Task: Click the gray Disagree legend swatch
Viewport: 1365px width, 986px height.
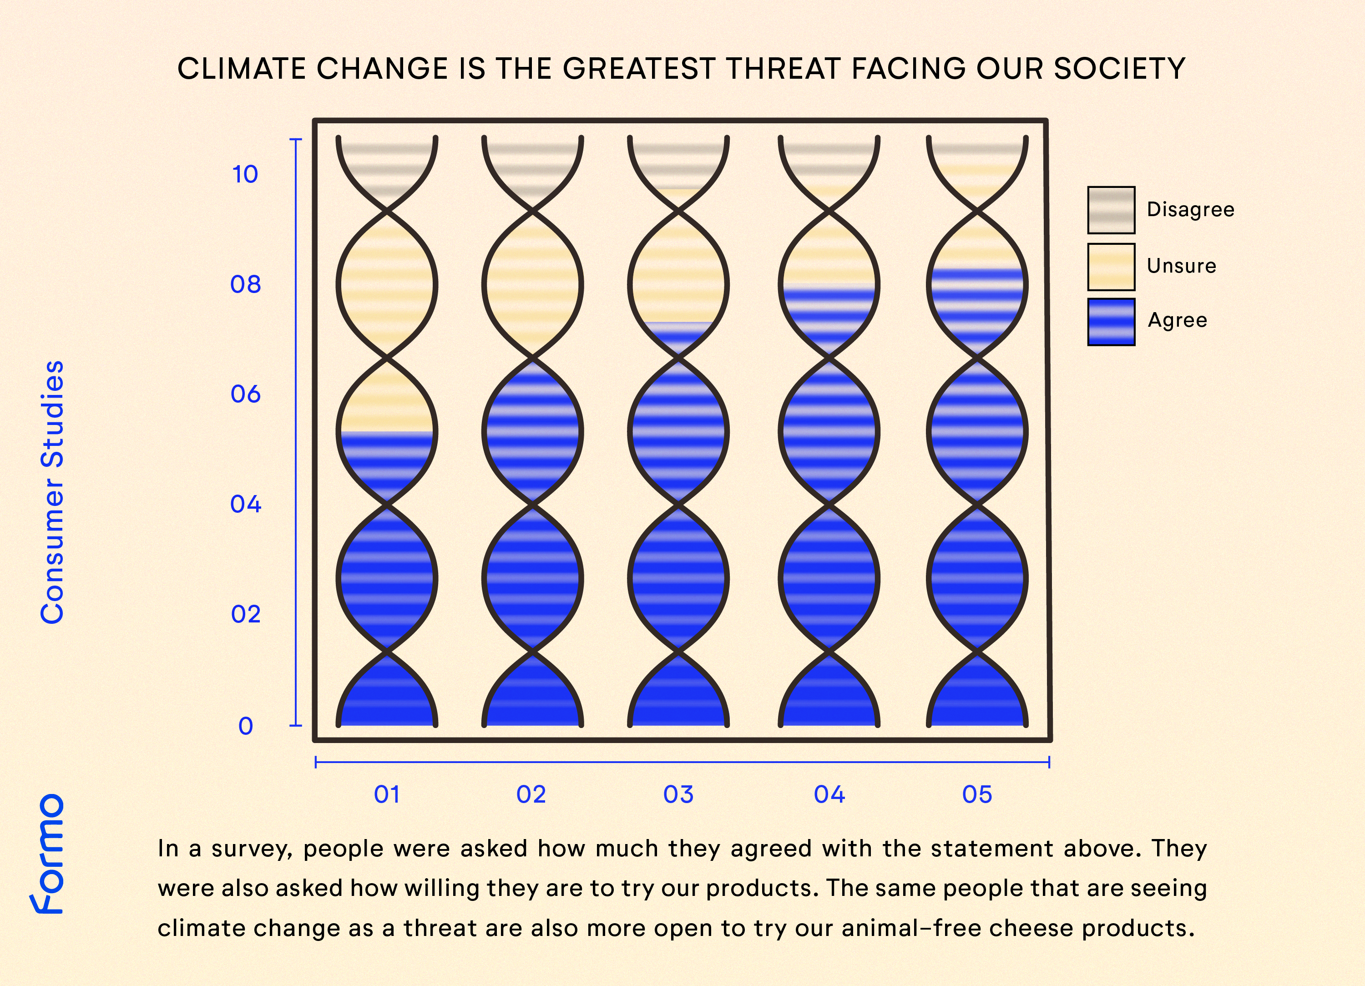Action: pyautogui.click(x=1111, y=210)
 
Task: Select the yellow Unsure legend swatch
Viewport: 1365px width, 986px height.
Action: pyautogui.click(x=1111, y=267)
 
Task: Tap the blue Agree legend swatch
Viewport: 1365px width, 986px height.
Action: pyautogui.click(x=1111, y=322)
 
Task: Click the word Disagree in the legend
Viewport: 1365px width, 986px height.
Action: pyautogui.click(x=1190, y=209)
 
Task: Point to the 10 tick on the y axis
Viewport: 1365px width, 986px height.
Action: pyautogui.click(x=245, y=175)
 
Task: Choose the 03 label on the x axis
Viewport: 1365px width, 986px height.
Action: pyautogui.click(x=678, y=794)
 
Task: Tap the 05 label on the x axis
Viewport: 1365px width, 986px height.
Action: pyautogui.click(x=977, y=794)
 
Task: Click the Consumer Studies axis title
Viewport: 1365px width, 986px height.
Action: pyautogui.click(x=52, y=492)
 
